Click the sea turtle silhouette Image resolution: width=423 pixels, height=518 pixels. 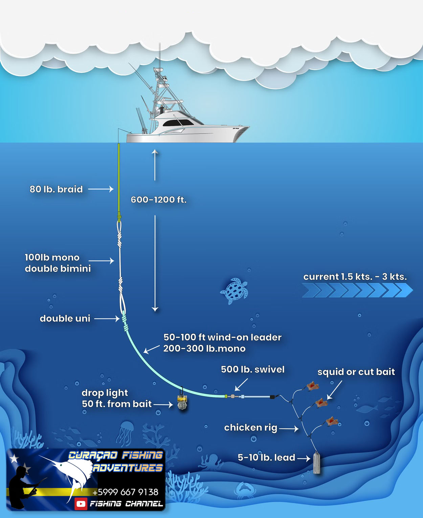click(x=234, y=291)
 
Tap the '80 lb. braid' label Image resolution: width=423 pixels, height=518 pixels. click(x=56, y=189)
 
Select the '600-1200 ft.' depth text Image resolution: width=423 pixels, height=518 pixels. click(x=159, y=200)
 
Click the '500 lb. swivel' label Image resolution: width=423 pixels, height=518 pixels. click(x=252, y=369)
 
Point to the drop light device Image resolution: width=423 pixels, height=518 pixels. click(x=182, y=402)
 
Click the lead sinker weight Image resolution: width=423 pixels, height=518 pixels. click(x=316, y=463)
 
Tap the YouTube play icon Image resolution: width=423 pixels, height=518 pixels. click(x=81, y=504)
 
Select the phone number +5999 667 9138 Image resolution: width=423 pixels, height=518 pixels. click(x=125, y=492)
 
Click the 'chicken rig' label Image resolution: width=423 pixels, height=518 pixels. click(x=250, y=428)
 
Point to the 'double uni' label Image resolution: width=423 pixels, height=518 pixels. click(x=65, y=319)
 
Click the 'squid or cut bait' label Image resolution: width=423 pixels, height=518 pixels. click(x=356, y=372)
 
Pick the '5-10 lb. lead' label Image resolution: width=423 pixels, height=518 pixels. click(x=266, y=458)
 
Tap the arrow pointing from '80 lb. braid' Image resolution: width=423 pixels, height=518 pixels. click(x=101, y=189)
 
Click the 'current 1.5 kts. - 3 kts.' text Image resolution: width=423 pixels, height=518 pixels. click(x=355, y=277)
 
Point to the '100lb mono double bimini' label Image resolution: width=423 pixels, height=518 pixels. click(x=58, y=263)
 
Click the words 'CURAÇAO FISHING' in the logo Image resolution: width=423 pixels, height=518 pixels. click(x=115, y=456)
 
